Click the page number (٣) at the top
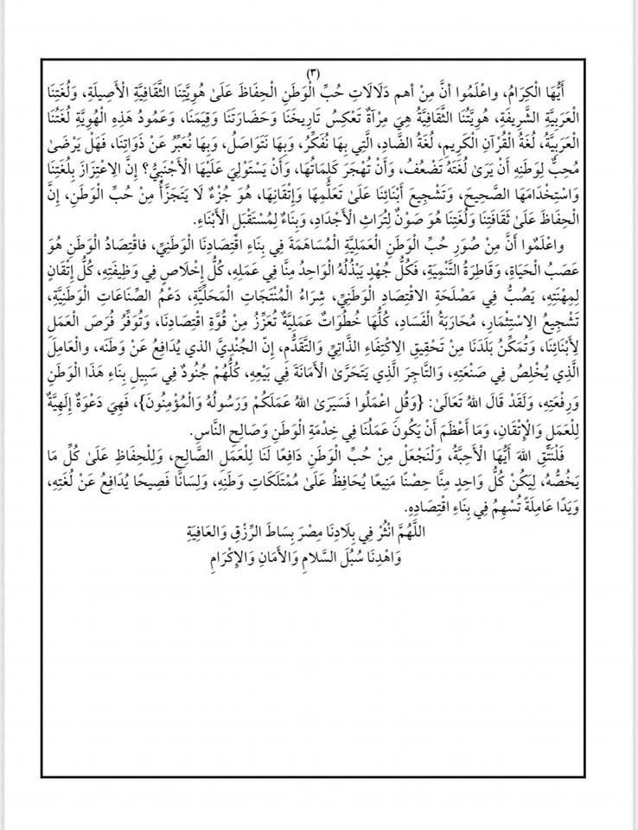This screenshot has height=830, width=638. click(x=314, y=71)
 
